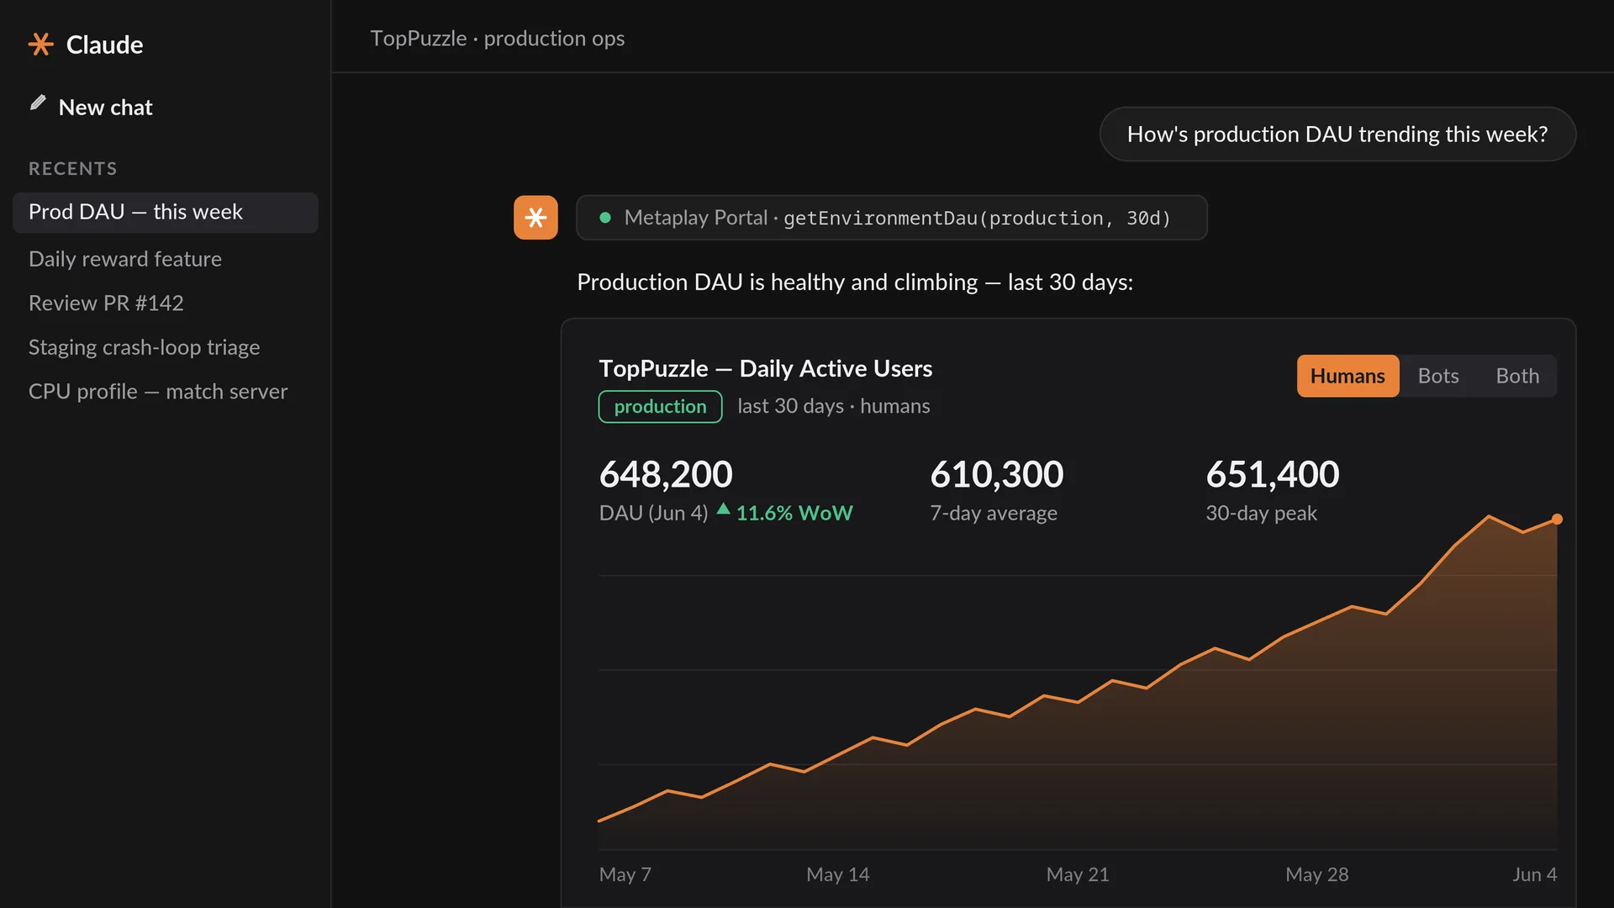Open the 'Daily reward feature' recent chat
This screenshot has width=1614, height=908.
pyautogui.click(x=125, y=259)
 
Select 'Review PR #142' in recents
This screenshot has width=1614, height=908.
pyautogui.click(x=106, y=303)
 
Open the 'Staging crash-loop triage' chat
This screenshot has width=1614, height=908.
pyautogui.click(x=144, y=347)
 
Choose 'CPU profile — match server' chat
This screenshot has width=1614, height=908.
pyautogui.click(x=158, y=392)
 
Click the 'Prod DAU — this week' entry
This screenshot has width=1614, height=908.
pyautogui.click(x=165, y=212)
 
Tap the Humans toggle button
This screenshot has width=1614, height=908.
pyautogui.click(x=1348, y=376)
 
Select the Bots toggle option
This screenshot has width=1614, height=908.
pyautogui.click(x=1438, y=376)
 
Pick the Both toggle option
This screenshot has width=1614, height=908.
pyautogui.click(x=1517, y=376)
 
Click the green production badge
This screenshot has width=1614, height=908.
pyautogui.click(x=660, y=406)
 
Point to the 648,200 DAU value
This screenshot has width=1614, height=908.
pyautogui.click(x=666, y=474)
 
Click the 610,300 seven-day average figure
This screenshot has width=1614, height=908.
pyautogui.click(x=997, y=474)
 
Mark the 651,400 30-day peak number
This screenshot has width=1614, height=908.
pyautogui.click(x=1273, y=474)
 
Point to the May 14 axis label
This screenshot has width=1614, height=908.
pyautogui.click(x=838, y=874)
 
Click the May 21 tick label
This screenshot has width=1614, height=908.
pyautogui.click(x=1078, y=874)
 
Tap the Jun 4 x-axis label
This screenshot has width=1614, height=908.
pyautogui.click(x=1535, y=874)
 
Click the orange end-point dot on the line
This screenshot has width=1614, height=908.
pyautogui.click(x=1557, y=519)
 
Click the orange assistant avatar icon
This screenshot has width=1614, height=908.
pyautogui.click(x=535, y=218)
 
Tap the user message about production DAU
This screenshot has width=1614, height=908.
pyautogui.click(x=1337, y=134)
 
